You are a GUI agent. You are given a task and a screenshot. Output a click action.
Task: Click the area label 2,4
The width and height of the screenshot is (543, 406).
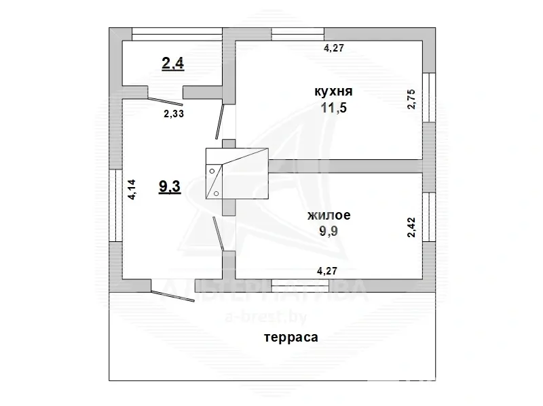(173, 64)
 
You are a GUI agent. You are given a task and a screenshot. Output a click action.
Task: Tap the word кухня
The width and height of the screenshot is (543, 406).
(333, 91)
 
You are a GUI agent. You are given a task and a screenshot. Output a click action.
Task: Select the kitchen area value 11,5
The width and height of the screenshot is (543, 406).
(333, 108)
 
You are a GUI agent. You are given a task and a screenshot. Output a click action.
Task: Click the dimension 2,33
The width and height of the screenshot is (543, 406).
(174, 114)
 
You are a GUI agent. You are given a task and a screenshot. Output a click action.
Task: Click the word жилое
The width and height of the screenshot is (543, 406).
(329, 216)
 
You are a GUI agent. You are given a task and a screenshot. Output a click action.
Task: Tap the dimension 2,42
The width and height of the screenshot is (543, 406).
(410, 226)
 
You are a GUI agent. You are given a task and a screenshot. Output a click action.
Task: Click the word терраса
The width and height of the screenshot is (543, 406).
(291, 336)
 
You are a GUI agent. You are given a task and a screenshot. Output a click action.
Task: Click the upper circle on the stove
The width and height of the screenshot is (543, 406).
(212, 170)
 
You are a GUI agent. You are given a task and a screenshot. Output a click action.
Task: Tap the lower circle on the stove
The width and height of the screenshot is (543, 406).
(217, 193)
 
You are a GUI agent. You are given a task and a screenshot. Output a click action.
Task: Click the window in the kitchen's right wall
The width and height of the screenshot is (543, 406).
(428, 98)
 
